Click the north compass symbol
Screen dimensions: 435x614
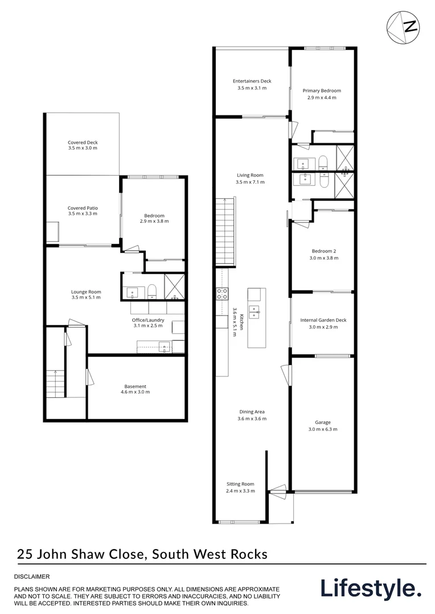pyautogui.click(x=403, y=27)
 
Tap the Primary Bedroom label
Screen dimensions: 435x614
pyautogui.click(x=322, y=91)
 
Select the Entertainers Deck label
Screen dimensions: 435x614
pyautogui.click(x=252, y=81)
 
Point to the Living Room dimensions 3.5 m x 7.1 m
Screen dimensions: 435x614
pyautogui.click(x=251, y=182)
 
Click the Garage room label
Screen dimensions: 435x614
pyautogui.click(x=323, y=422)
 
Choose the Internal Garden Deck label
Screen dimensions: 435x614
pyautogui.click(x=323, y=320)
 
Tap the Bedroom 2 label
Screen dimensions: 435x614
pyautogui.click(x=323, y=251)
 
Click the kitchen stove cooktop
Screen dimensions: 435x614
pyautogui.click(x=223, y=294)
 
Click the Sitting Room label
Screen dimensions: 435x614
pyautogui.click(x=240, y=484)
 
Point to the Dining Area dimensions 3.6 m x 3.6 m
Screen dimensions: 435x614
pyautogui.click(x=252, y=418)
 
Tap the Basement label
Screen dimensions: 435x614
pyautogui.click(x=136, y=387)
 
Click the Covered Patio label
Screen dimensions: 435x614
pyautogui.click(x=83, y=208)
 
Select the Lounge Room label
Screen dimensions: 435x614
pyautogui.click(x=86, y=292)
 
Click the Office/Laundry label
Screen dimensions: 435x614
pyautogui.click(x=148, y=320)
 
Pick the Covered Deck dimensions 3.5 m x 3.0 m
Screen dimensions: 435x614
pyautogui.click(x=83, y=148)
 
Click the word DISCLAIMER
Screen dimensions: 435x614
pyautogui.click(x=32, y=576)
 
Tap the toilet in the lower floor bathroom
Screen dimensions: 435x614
pyautogui.click(x=152, y=291)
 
